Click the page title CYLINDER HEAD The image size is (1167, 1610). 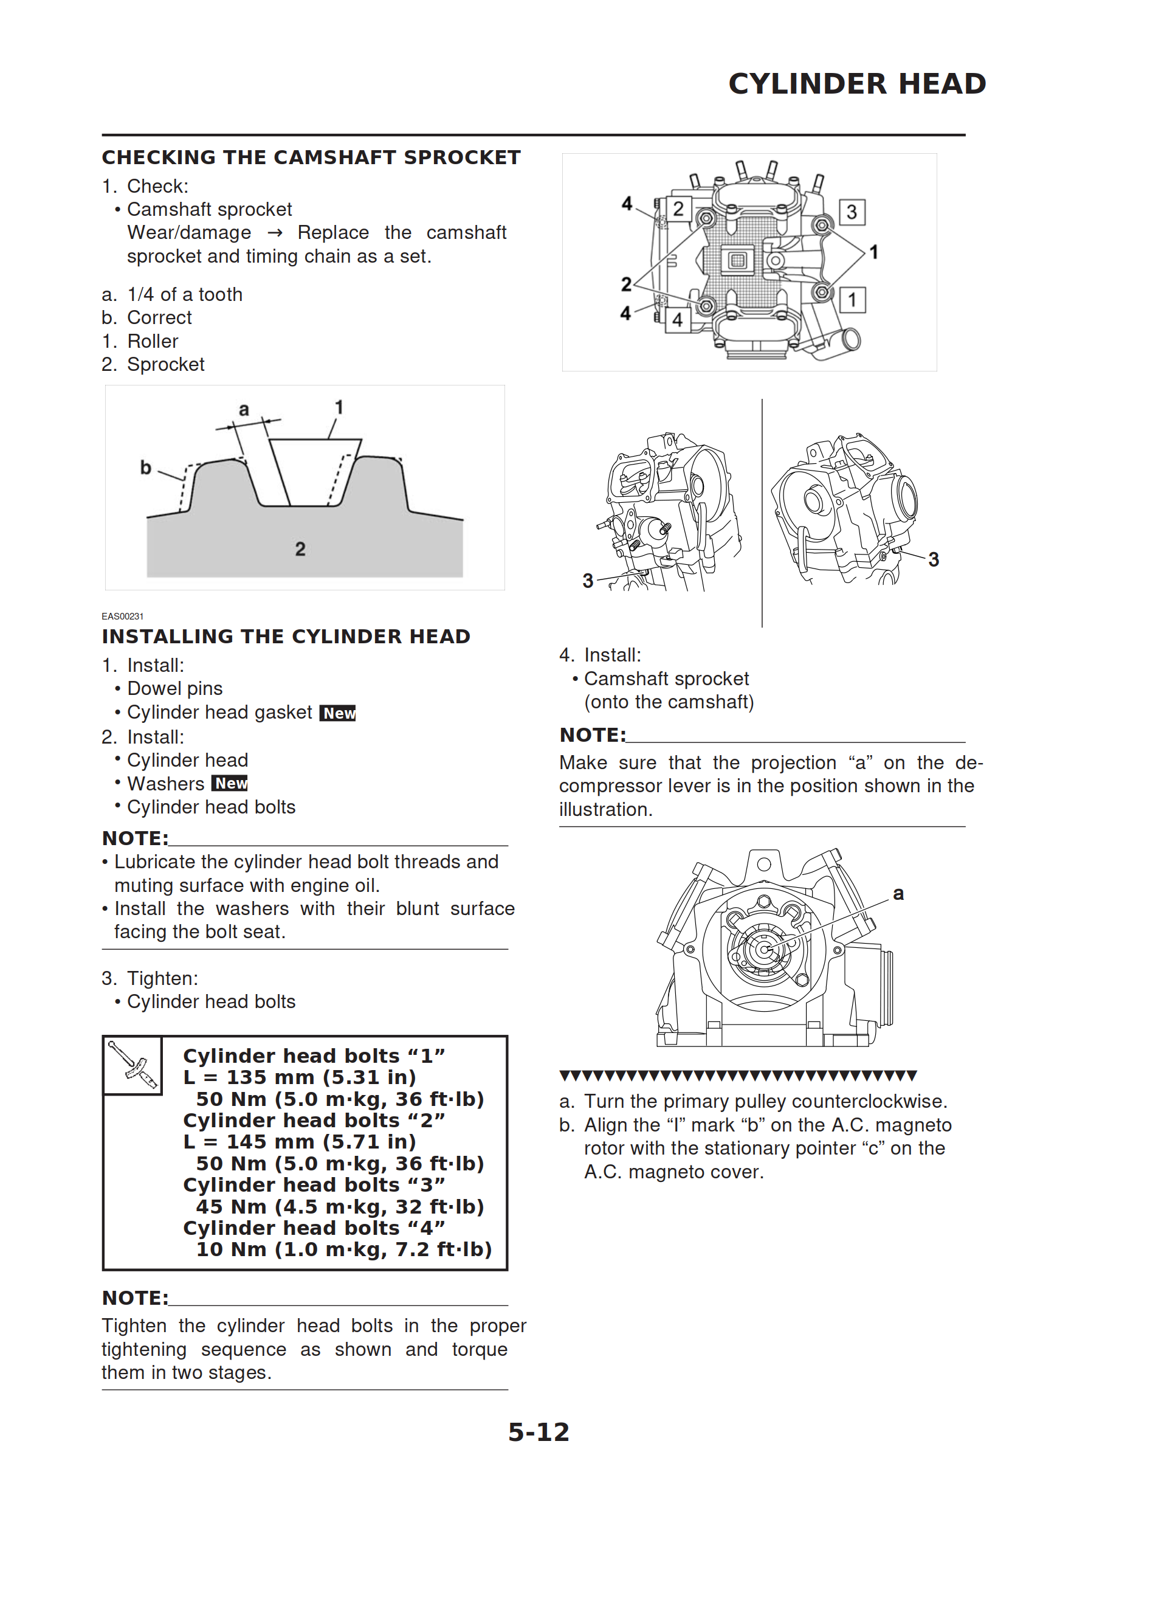coord(857,84)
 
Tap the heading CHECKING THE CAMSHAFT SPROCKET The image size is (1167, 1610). coord(311,157)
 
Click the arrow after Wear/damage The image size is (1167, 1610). coord(275,233)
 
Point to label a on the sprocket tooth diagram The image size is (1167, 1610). coord(244,410)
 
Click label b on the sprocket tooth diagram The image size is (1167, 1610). coord(145,467)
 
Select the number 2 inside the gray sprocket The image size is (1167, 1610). coord(300,549)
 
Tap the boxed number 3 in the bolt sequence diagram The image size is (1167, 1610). coord(852,212)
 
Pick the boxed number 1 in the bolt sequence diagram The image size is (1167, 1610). coord(852,300)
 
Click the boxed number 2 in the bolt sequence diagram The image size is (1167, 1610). coord(678,209)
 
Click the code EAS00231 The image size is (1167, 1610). coord(122,616)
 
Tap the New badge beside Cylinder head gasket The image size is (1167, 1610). coord(338,713)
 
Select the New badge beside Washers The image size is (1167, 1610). coord(230,784)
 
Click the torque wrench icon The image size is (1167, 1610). coord(133,1065)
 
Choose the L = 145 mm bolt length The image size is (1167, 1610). coord(300,1141)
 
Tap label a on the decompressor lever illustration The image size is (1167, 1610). coord(898,894)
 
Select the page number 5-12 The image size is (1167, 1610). coord(539,1432)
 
